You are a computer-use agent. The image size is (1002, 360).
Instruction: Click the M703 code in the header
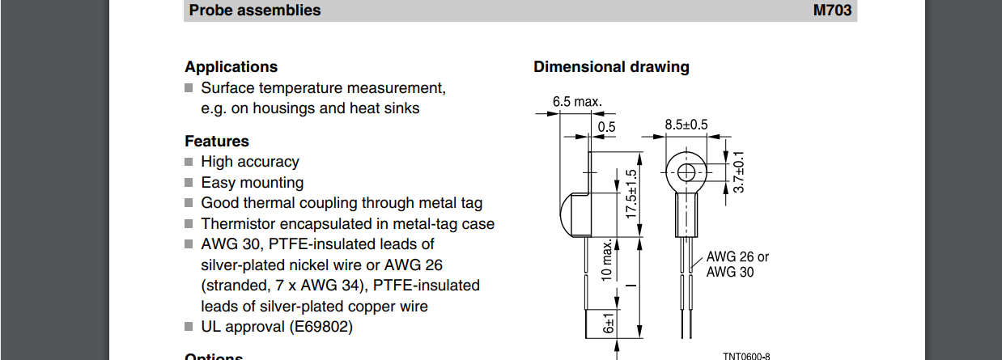pos(832,11)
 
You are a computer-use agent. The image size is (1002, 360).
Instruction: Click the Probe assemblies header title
pos(254,11)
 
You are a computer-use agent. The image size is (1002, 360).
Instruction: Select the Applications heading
pos(231,67)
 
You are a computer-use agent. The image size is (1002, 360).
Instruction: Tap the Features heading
pos(217,142)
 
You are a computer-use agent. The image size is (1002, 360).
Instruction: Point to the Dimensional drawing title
pos(611,67)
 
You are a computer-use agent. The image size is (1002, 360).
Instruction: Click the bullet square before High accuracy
pos(189,162)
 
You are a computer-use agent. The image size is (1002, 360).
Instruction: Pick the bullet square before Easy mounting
pos(189,183)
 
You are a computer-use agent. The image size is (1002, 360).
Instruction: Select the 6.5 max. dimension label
pos(577,102)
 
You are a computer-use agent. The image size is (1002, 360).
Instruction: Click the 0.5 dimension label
pos(606,126)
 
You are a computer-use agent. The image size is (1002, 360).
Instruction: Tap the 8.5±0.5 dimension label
pos(686,125)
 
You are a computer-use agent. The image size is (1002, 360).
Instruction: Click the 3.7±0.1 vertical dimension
pos(737,172)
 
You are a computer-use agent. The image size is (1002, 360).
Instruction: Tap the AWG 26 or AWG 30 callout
pos(737,265)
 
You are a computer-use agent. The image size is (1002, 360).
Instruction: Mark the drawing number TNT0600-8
pos(746,356)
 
